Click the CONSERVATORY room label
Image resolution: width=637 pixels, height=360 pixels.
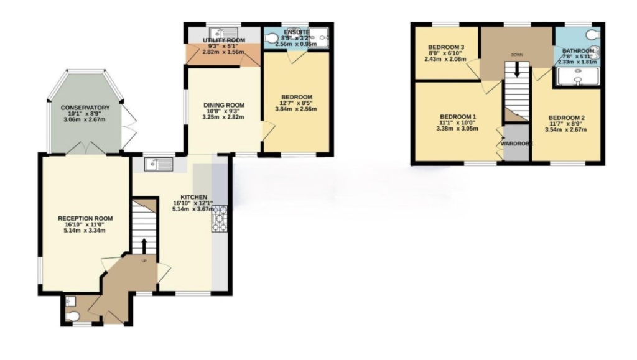[85, 108]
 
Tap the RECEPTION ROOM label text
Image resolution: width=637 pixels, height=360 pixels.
[85, 218]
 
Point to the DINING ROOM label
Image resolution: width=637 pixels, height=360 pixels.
[224, 105]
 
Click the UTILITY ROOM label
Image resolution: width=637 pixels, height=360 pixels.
[224, 40]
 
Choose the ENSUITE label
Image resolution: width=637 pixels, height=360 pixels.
[297, 32]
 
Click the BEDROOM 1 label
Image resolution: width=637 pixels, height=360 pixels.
[457, 116]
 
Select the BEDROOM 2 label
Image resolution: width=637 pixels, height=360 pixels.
[566, 118]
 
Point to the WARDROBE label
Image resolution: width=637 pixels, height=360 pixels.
[516, 144]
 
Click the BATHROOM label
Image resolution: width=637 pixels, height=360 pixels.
[578, 51]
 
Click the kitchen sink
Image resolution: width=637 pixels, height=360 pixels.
[159, 164]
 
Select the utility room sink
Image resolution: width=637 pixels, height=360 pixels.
[223, 32]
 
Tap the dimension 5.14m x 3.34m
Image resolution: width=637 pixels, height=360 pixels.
[85, 231]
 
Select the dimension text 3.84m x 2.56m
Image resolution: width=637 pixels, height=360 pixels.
[296, 109]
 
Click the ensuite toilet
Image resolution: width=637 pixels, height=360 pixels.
[271, 38]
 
